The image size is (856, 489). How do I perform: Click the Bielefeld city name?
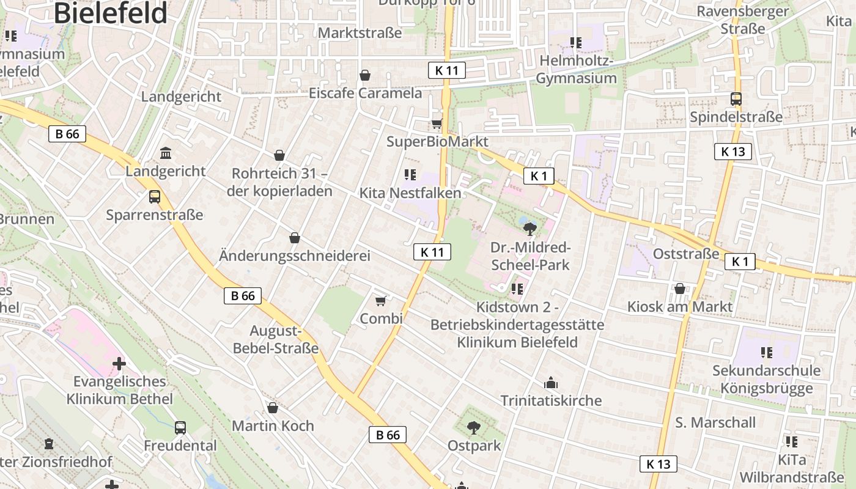(111, 12)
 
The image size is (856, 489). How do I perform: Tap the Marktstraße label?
(360, 32)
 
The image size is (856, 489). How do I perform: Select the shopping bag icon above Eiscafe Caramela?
(365, 75)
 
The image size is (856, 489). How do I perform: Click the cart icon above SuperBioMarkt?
(437, 123)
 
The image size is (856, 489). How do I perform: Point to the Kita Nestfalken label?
(410, 193)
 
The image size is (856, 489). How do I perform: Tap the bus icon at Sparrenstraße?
(155, 197)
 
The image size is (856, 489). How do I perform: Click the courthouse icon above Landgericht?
(166, 152)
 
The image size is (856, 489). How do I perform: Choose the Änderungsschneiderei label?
(295, 256)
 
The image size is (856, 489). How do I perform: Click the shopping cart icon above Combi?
(381, 301)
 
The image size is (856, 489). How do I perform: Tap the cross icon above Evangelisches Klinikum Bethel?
(119, 364)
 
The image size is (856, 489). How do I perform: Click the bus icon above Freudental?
(180, 428)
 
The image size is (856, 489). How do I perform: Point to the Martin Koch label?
(273, 425)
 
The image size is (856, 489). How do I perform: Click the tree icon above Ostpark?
(473, 428)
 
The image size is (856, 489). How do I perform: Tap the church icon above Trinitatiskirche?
(551, 383)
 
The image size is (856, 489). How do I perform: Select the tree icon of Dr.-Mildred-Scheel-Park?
(530, 229)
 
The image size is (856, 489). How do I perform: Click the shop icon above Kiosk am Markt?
(680, 289)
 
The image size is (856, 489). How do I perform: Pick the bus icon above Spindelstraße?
(736, 99)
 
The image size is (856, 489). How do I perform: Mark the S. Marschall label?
(715, 422)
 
